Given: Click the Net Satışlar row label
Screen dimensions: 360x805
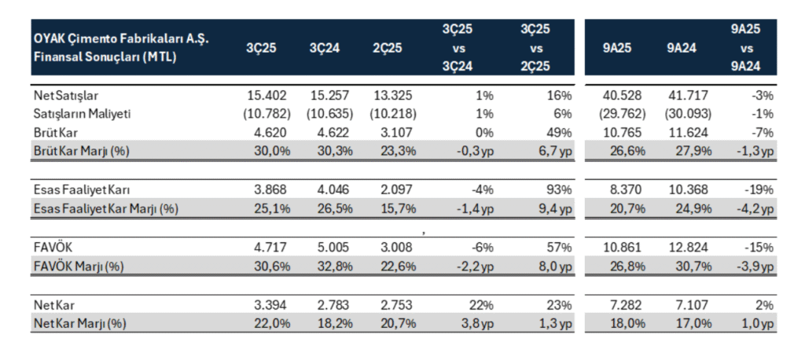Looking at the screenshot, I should point(64,96).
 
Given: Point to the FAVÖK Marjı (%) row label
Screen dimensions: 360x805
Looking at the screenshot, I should point(79,266).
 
